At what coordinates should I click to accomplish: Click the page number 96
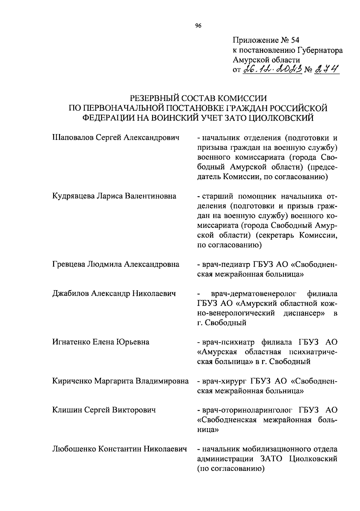tap(198, 26)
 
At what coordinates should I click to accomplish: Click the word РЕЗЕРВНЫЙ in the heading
tap(165, 98)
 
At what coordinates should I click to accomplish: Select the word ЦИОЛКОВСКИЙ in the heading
tap(281, 118)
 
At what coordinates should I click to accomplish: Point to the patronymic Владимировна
tap(162, 381)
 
